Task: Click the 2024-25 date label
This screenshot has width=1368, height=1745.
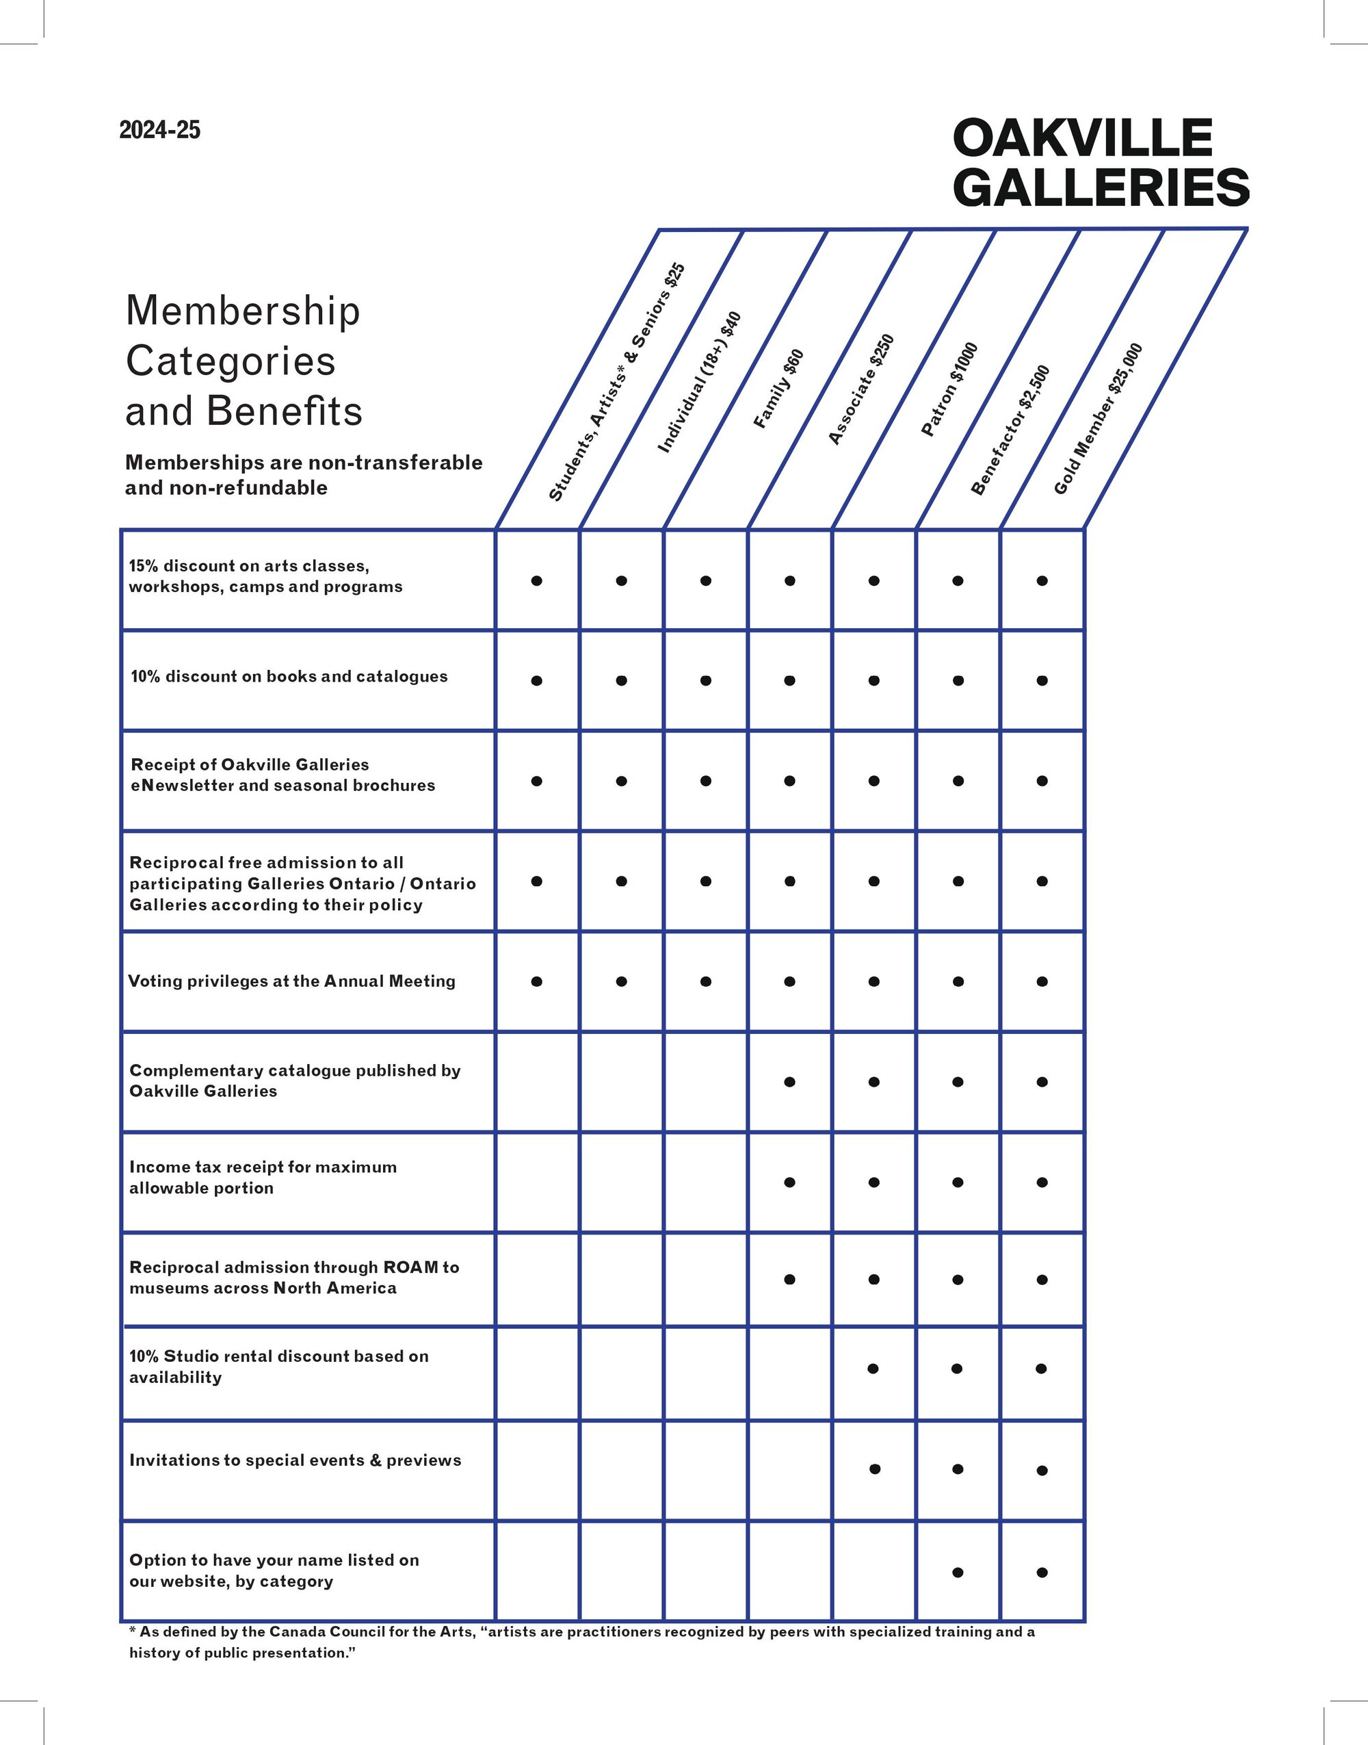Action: (x=159, y=130)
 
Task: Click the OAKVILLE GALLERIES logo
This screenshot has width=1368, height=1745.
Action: (x=1099, y=162)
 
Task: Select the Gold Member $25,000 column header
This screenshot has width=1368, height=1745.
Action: (x=1097, y=419)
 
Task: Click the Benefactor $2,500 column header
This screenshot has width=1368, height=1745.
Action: (x=1011, y=430)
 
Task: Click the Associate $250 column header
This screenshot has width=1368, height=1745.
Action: (x=861, y=389)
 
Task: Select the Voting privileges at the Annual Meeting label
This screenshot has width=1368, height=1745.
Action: (x=291, y=981)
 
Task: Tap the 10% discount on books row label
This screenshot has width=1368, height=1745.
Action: (x=289, y=676)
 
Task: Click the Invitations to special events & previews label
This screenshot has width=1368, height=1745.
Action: (x=295, y=1460)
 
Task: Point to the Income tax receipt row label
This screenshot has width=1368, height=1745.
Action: (x=263, y=1177)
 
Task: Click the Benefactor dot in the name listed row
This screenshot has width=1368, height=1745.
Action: (x=957, y=1572)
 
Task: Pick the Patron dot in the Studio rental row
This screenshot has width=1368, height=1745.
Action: (x=873, y=1369)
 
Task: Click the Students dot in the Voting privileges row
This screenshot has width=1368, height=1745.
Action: (x=537, y=981)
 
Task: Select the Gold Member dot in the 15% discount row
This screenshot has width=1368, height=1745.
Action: (x=1042, y=581)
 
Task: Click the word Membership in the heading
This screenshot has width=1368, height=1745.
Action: (x=243, y=311)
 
